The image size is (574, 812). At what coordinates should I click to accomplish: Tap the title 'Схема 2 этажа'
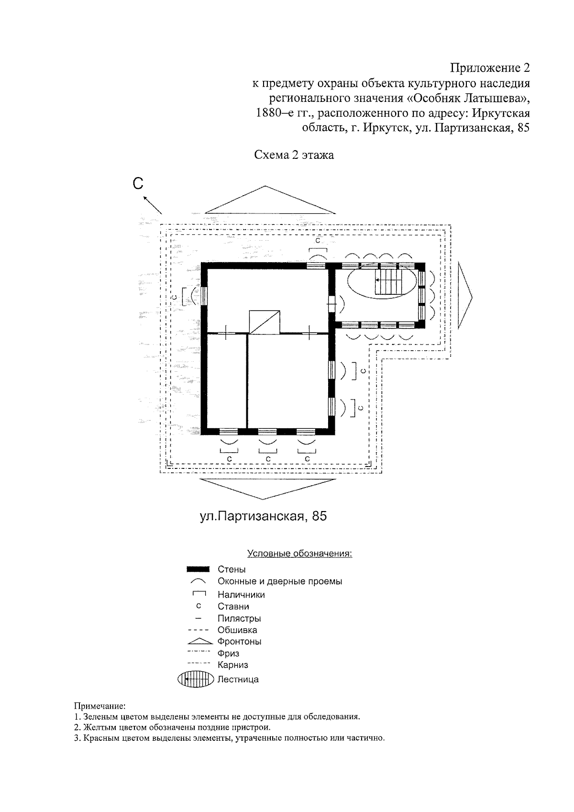(294, 155)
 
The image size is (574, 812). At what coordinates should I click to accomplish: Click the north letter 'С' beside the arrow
(138, 184)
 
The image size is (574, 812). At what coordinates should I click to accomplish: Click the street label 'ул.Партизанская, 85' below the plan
(263, 517)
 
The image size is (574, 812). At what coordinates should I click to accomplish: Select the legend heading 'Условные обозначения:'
(299, 554)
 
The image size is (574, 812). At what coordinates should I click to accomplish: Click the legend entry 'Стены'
(232, 569)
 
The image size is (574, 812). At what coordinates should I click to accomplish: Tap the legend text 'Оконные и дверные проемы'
(280, 581)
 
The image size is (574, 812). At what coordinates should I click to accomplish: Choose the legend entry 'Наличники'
(241, 595)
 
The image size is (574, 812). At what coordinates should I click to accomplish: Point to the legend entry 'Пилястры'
(239, 618)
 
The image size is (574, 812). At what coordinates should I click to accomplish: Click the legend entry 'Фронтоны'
(239, 642)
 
